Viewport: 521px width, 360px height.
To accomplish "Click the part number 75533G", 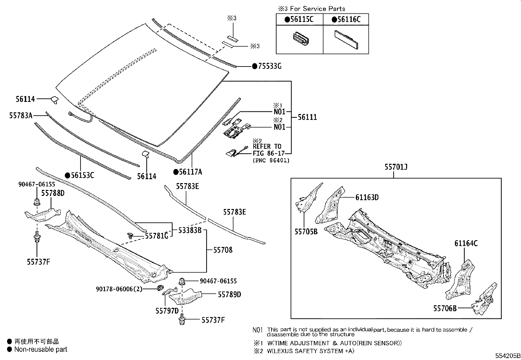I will [x=269, y=66].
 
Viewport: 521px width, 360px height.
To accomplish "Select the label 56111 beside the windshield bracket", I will [x=307, y=117].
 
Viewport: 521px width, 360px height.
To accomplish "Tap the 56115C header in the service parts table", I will [x=301, y=20].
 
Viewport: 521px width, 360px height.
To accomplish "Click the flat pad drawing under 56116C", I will [x=347, y=40].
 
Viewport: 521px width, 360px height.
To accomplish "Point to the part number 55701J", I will [x=396, y=167].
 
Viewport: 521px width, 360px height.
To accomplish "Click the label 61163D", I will [x=367, y=197].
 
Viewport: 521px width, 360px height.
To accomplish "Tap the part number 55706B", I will [x=445, y=308].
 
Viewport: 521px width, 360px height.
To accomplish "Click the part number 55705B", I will [x=306, y=232].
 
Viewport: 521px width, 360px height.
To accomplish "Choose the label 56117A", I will [x=190, y=172].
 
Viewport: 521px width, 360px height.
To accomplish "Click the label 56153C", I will [x=82, y=175].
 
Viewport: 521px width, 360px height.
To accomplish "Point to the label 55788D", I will [x=53, y=193].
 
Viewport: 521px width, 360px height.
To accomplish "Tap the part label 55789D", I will [x=229, y=294].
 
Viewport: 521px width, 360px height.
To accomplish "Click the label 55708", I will [x=223, y=250].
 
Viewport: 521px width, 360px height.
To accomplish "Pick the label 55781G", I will [x=156, y=236].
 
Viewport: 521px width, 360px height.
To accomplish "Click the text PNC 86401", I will [x=271, y=160].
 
